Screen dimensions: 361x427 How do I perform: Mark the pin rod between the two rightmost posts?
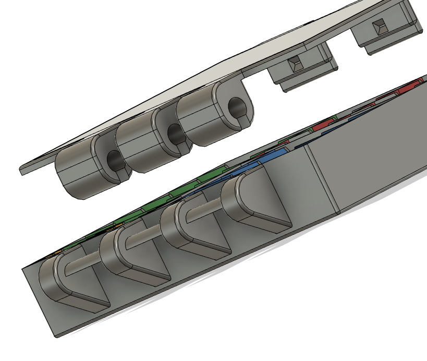(206, 209)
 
